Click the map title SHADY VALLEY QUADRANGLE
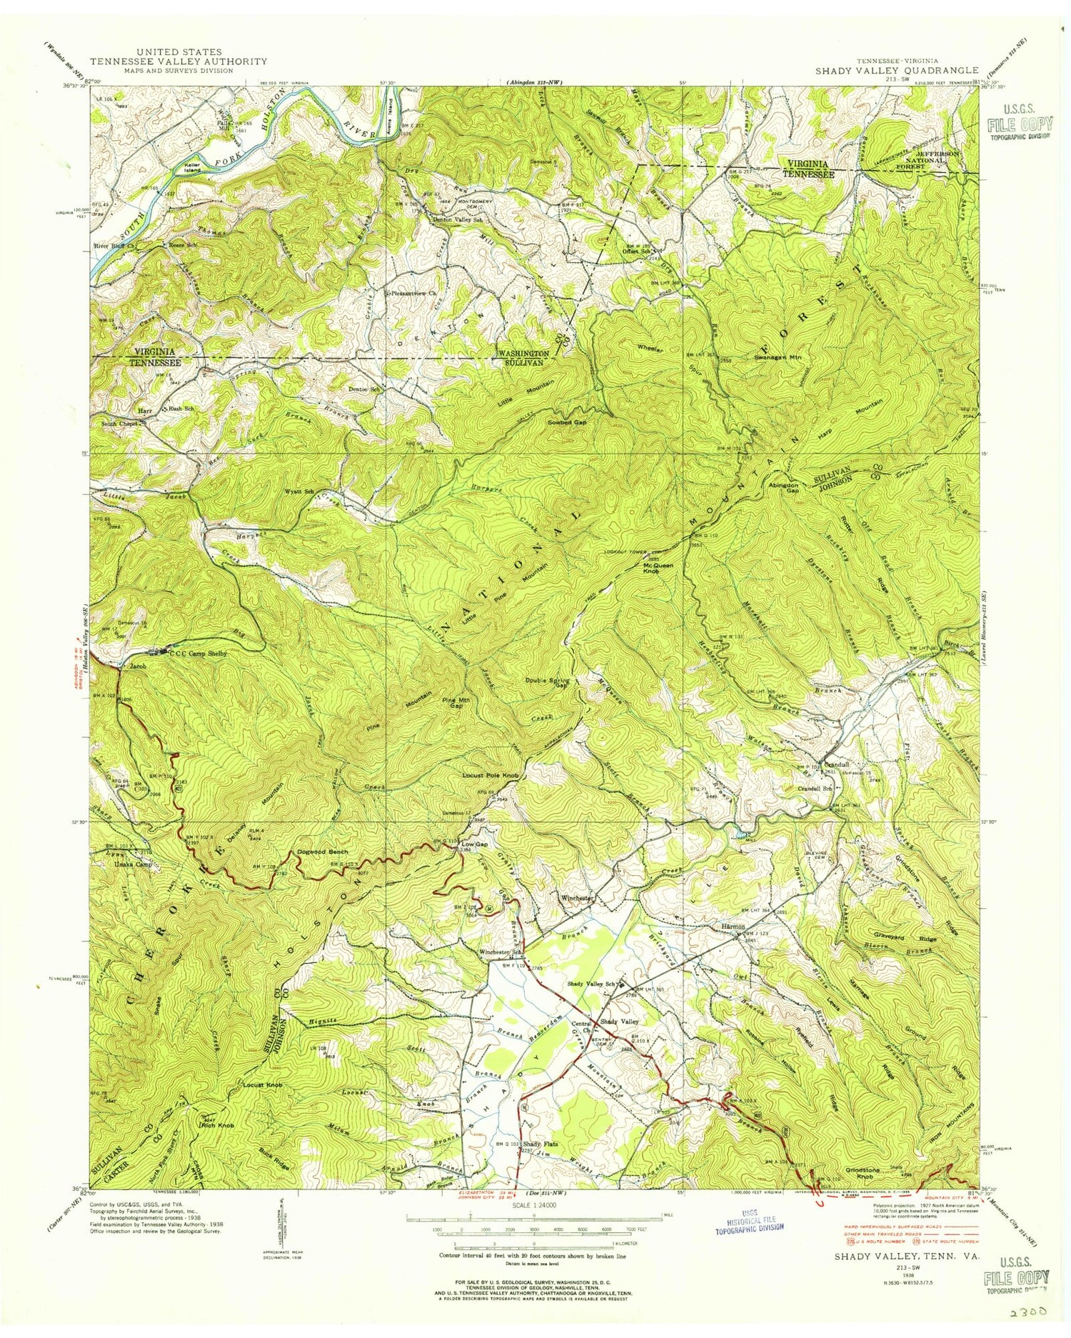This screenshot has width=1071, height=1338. pyautogui.click(x=897, y=70)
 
